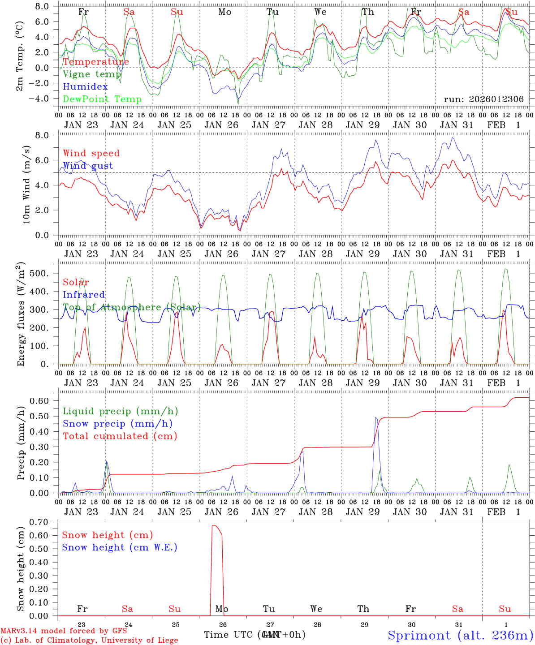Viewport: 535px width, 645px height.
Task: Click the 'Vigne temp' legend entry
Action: click(x=92, y=74)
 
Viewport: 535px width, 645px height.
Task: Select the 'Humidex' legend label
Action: click(x=86, y=87)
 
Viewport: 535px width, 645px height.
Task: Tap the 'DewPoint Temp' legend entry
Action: click(x=102, y=99)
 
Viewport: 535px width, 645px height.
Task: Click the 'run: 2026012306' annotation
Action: click(x=483, y=99)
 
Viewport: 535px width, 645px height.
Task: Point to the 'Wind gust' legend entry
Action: click(x=88, y=166)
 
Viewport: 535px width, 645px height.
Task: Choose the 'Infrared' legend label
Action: click(x=84, y=295)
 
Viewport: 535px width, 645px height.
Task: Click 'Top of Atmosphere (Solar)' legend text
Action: click(x=131, y=307)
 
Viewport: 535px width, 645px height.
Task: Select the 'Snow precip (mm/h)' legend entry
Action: click(x=117, y=424)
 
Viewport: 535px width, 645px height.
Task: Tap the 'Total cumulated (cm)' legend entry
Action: click(x=120, y=436)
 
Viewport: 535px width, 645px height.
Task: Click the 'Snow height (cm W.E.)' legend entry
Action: click(x=120, y=547)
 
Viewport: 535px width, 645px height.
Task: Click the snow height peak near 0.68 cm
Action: click(x=214, y=525)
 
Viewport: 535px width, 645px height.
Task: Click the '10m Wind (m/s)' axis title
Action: click(x=27, y=184)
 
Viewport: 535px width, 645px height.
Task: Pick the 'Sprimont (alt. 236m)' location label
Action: click(x=460, y=635)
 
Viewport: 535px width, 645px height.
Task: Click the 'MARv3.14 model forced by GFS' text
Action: click(x=64, y=631)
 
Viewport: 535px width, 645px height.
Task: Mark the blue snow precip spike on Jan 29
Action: click(x=376, y=418)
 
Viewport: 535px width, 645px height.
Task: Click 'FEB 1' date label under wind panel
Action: click(x=504, y=254)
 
